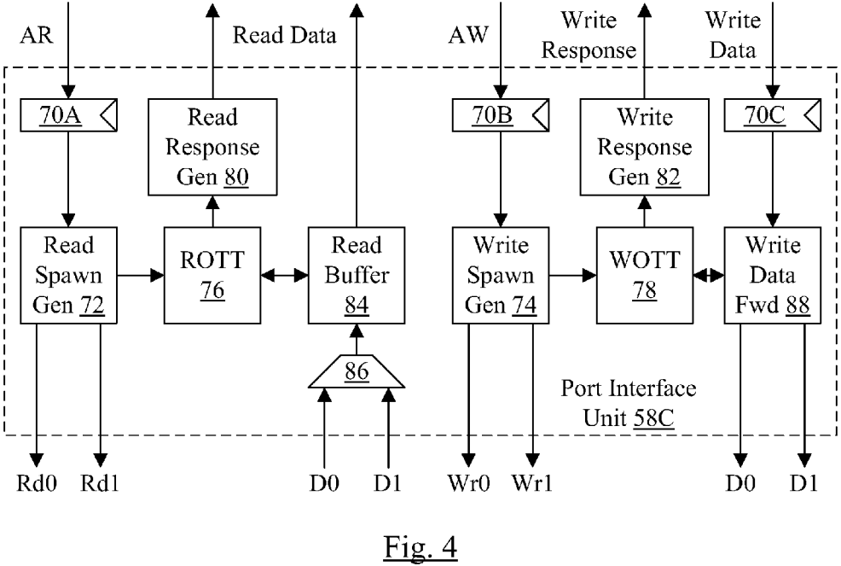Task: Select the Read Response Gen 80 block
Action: click(212, 147)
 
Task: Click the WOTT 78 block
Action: click(643, 275)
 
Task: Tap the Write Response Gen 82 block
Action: click(643, 147)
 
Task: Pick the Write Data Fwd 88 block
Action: click(773, 275)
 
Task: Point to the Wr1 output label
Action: click(532, 484)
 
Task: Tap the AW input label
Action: click(468, 36)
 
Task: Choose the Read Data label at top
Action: click(285, 36)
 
